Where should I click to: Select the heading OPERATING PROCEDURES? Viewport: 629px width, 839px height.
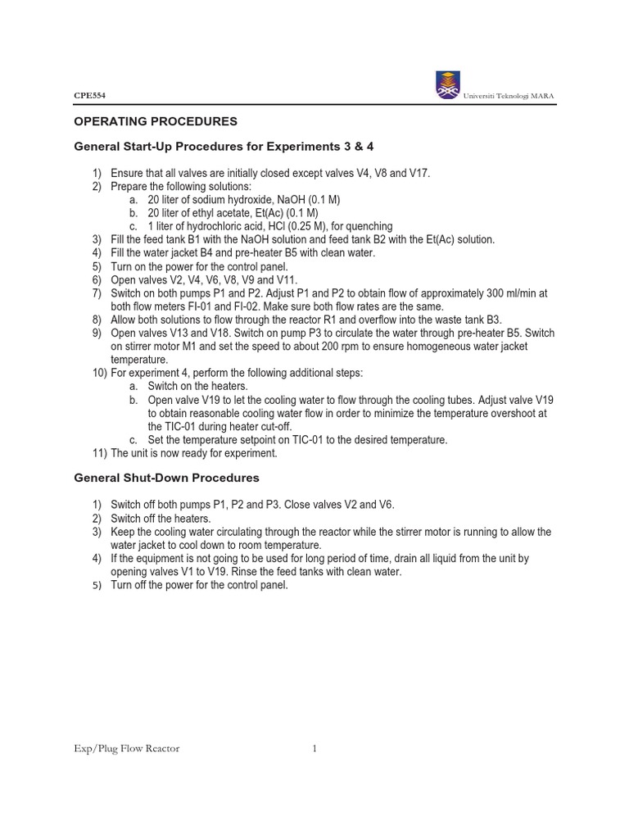click(156, 121)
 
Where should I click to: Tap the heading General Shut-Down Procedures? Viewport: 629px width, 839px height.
click(167, 477)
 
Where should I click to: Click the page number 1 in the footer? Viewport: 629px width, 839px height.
click(314, 748)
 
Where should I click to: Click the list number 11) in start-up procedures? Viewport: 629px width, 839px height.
click(99, 453)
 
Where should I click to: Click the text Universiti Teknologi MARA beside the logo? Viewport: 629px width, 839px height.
click(509, 96)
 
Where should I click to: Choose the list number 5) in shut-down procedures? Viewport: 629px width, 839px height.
click(96, 586)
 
